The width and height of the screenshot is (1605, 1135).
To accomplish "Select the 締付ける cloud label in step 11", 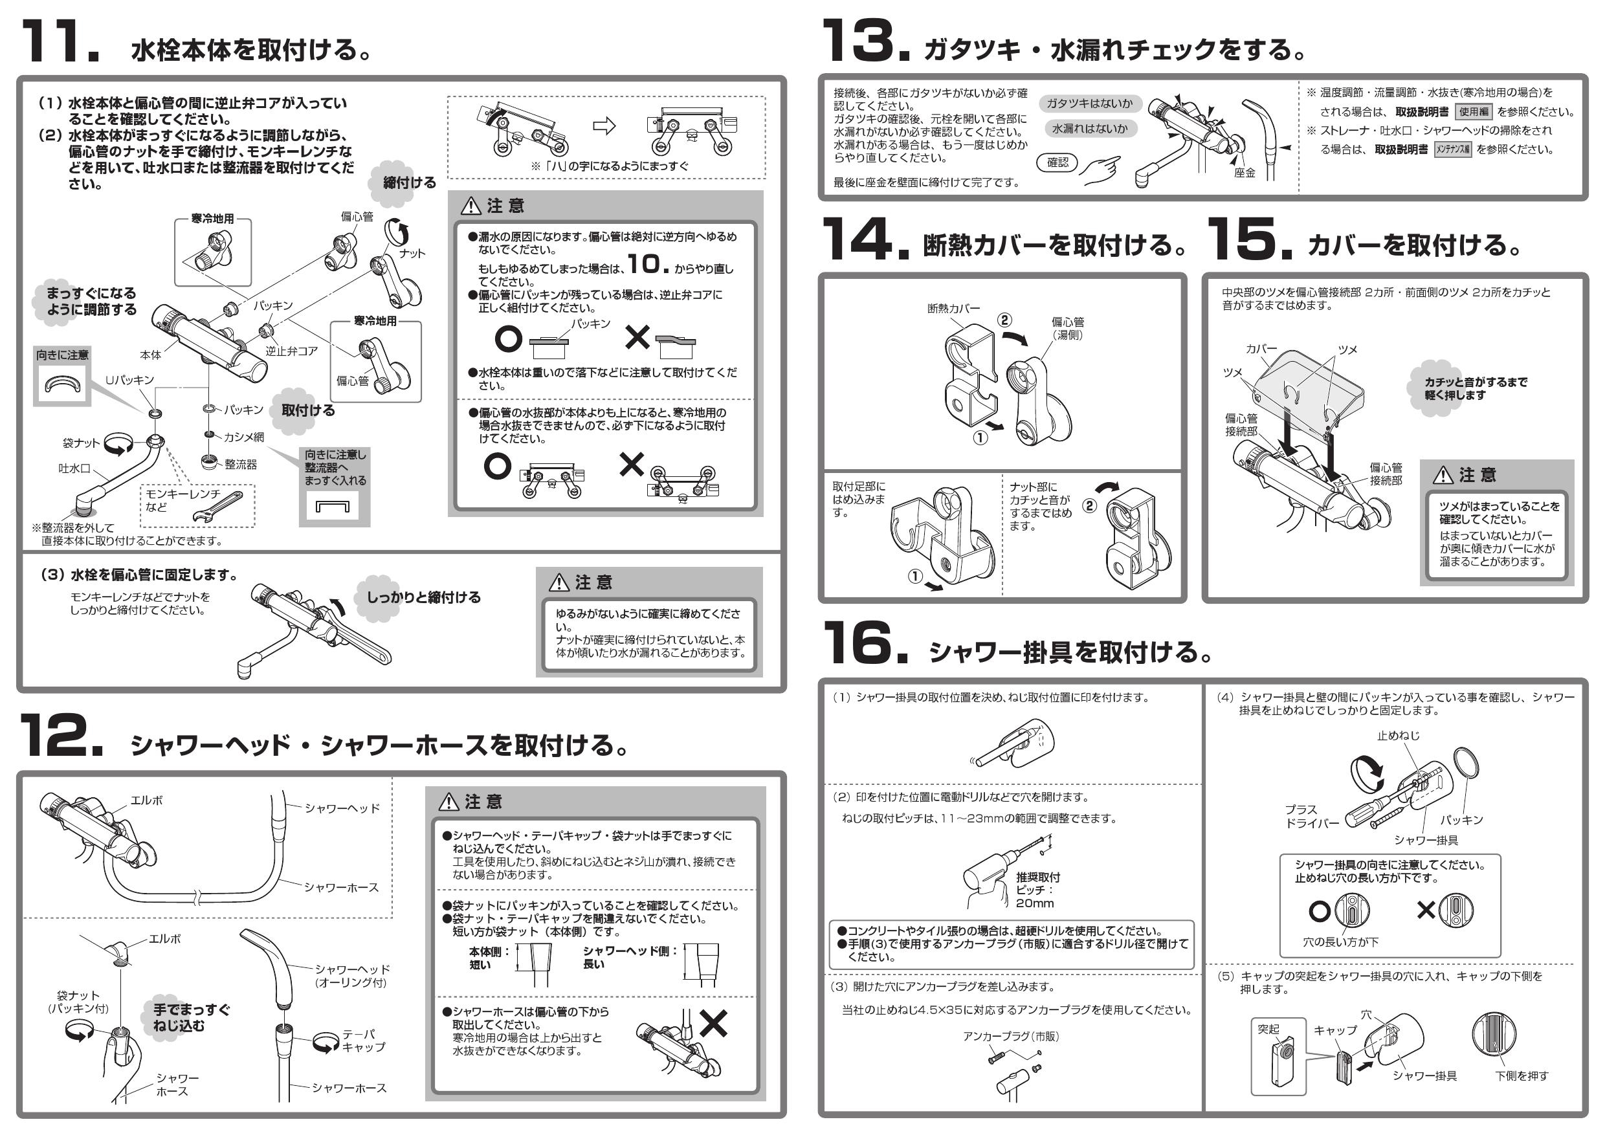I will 409,183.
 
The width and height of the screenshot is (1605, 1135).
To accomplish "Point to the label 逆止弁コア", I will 291,351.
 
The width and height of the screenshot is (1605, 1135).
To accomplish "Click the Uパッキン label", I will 129,380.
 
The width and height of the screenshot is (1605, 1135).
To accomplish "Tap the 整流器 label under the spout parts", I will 241,464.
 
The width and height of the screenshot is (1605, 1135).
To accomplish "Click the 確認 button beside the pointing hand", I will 1057,163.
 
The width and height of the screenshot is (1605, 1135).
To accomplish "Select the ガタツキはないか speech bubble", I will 1089,104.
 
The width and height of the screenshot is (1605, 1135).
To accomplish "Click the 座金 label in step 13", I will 1245,173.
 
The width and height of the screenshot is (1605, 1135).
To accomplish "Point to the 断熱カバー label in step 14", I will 953,308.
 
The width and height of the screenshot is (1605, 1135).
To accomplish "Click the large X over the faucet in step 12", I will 713,1024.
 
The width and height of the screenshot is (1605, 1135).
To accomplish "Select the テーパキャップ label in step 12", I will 364,1041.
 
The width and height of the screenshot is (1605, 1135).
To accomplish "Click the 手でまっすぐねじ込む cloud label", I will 190,1018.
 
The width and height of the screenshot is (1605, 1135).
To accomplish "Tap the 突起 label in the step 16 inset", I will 1268,1029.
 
